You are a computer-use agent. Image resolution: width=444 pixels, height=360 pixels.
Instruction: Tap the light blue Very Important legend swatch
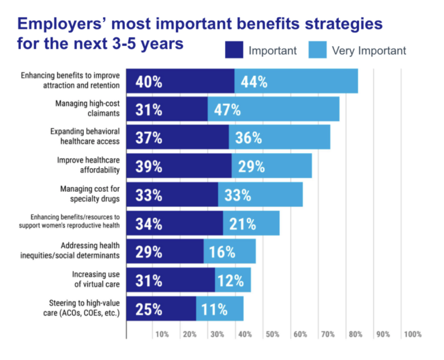[317, 50]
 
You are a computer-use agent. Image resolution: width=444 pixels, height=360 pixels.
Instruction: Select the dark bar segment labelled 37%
[177, 138]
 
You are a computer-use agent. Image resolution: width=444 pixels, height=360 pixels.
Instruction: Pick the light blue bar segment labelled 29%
[271, 166]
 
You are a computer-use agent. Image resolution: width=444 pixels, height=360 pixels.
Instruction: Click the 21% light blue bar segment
[251, 223]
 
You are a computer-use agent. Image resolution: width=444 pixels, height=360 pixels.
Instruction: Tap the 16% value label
[222, 251]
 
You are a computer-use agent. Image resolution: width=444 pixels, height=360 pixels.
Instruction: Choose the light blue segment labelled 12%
[233, 280]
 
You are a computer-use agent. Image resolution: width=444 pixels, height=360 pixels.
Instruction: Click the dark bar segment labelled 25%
[161, 309]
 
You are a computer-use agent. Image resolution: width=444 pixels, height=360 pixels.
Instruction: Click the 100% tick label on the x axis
[412, 334]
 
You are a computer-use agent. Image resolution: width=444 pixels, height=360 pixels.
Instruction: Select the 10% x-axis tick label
[161, 334]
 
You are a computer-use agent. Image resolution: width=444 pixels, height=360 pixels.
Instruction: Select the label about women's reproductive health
[69, 222]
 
